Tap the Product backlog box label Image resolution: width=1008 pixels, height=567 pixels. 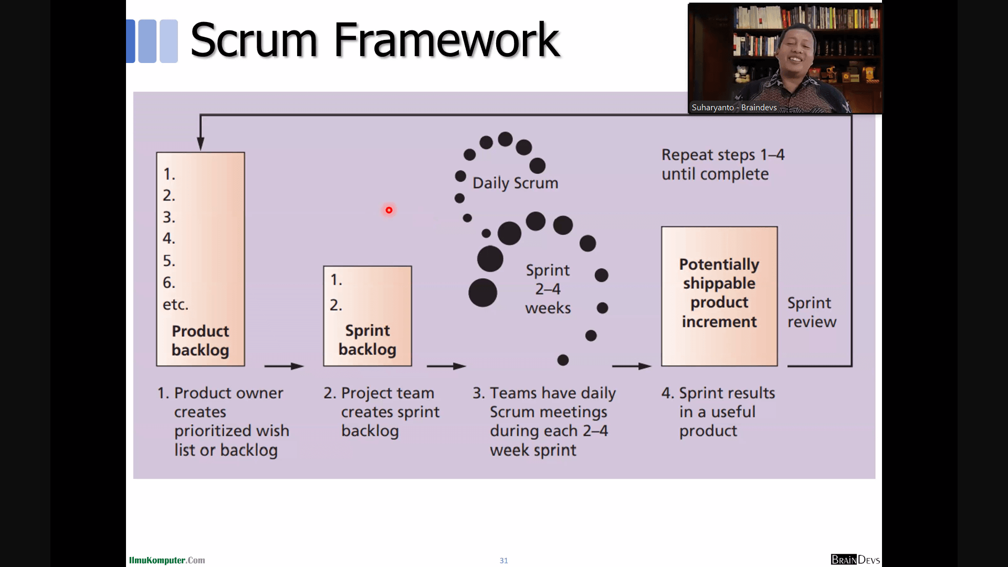[x=201, y=341]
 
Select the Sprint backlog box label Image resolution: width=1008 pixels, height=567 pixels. [x=367, y=340]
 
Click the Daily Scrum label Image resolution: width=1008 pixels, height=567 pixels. [x=515, y=183]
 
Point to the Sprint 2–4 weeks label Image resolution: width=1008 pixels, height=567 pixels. [x=548, y=289]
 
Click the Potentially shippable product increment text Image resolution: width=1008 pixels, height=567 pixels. [x=719, y=293]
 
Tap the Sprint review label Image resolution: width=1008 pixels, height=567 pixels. [x=812, y=312]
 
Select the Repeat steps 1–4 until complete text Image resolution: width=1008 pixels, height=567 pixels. [x=723, y=164]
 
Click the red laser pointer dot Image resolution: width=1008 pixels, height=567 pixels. [x=389, y=210]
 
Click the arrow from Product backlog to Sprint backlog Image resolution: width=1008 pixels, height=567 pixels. [x=284, y=366]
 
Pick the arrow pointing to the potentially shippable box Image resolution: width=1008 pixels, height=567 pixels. [x=632, y=366]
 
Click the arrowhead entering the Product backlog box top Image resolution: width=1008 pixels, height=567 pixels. [x=201, y=143]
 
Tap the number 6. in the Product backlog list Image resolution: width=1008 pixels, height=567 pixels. [x=169, y=282]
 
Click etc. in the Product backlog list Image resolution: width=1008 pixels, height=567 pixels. [x=175, y=304]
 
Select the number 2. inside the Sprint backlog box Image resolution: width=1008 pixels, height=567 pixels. [x=336, y=305]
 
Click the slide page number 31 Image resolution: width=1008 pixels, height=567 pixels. [x=503, y=561]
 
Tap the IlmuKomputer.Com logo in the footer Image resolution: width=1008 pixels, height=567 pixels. [x=167, y=560]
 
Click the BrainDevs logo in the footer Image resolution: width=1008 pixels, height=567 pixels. [x=855, y=560]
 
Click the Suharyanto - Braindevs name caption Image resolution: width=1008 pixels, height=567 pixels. [x=734, y=108]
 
